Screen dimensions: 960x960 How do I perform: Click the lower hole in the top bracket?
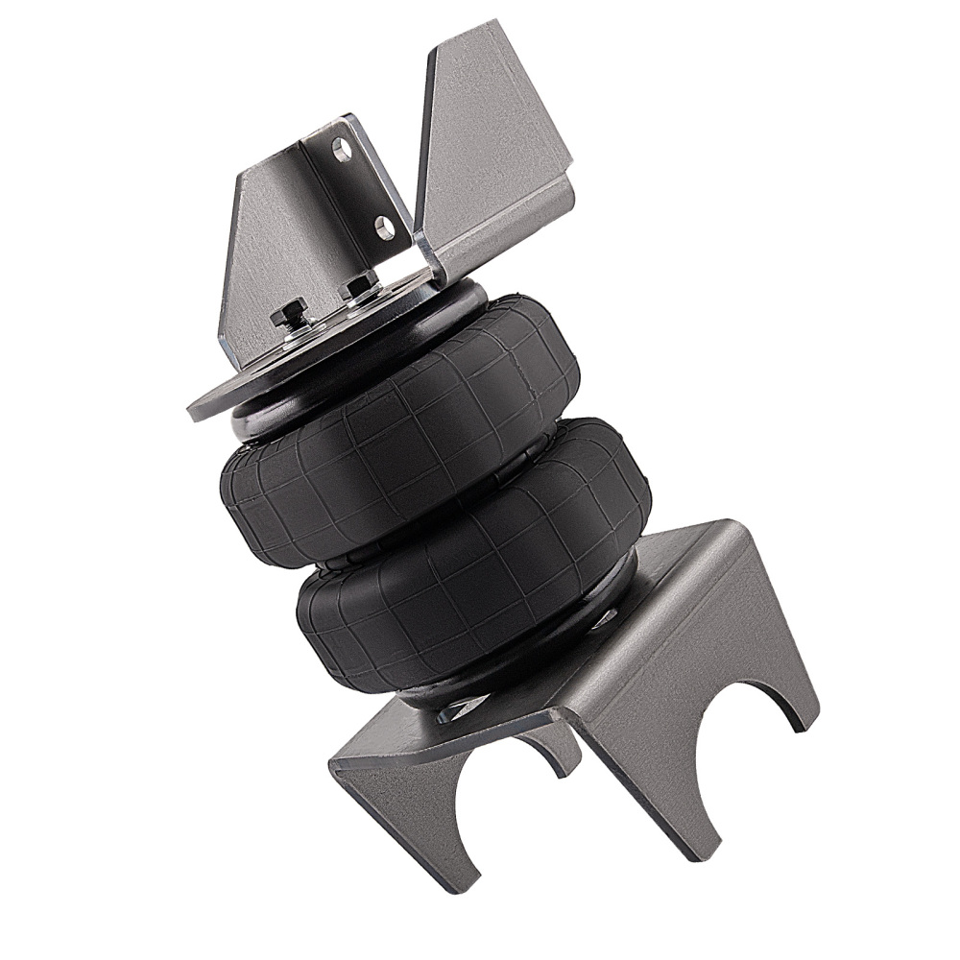tap(384, 227)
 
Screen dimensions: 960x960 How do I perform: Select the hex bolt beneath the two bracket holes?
tap(361, 285)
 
